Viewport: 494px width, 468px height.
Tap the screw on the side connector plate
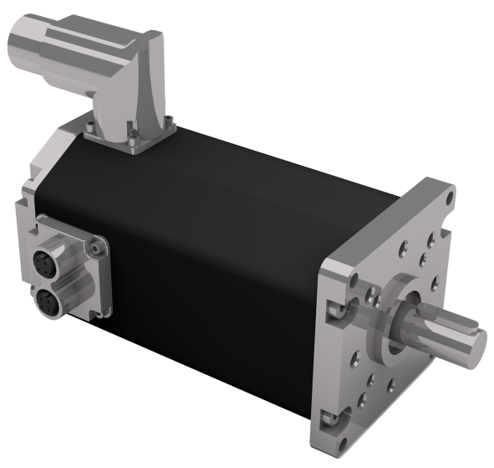click(99, 249)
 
